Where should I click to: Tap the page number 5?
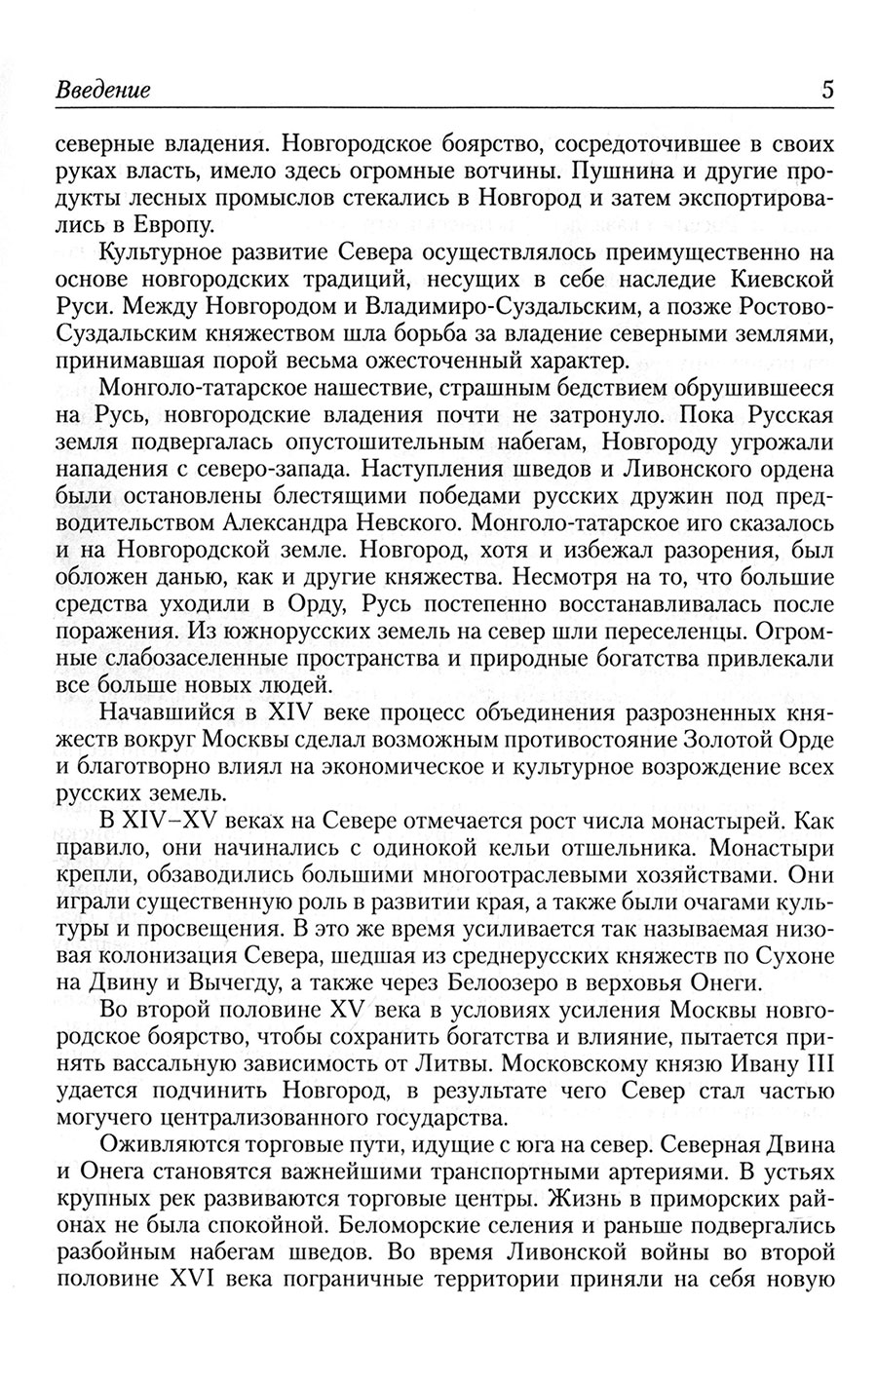coord(826,91)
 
